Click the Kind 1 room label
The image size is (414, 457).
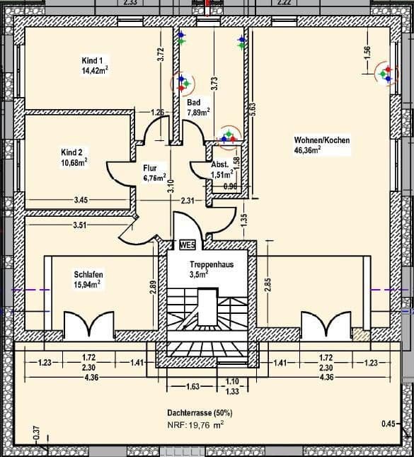[92, 61]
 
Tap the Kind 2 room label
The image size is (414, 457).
[72, 152]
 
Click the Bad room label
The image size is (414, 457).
[193, 103]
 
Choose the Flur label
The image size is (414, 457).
[149, 168]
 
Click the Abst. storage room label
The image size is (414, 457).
[219, 164]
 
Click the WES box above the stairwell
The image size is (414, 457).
[188, 245]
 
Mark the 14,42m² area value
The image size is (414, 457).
[95, 71]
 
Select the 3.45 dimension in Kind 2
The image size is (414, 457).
[81, 201]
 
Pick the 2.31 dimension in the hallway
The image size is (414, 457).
[187, 201]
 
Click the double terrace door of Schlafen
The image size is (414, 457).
[88, 325]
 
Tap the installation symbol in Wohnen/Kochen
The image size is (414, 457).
[386, 73]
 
